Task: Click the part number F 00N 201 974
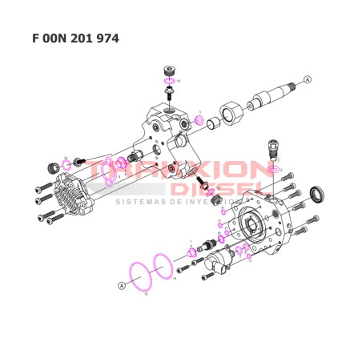pyautogui.click(x=76, y=38)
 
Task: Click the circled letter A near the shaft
pyautogui.click(x=307, y=78)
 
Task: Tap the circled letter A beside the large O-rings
pyautogui.click(x=122, y=285)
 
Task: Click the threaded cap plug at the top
pyautogui.click(x=168, y=70)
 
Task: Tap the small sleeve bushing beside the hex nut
pyautogui.click(x=213, y=123)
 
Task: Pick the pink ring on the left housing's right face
pyautogui.click(x=196, y=121)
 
